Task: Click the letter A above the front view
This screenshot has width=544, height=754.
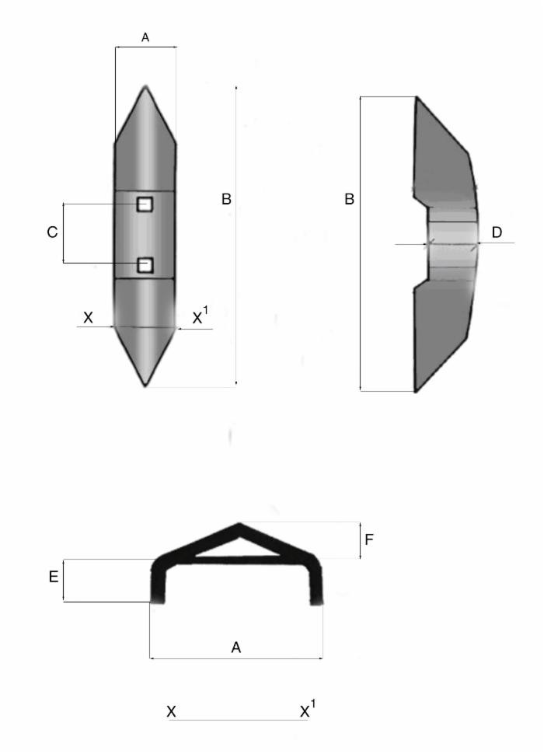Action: click(145, 37)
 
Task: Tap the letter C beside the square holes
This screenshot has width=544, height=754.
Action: click(52, 233)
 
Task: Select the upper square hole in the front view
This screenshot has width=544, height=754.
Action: click(145, 204)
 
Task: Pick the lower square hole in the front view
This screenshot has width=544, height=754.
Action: click(145, 266)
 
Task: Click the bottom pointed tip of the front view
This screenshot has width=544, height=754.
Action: click(145, 384)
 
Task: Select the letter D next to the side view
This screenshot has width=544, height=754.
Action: click(497, 232)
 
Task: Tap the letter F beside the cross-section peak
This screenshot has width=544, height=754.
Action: click(370, 539)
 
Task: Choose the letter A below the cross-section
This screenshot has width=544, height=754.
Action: click(235, 646)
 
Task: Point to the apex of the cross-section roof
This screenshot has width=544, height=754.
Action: click(239, 525)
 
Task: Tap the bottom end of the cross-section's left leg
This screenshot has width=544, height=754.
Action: click(157, 601)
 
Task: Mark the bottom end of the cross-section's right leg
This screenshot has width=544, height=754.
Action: click(316, 601)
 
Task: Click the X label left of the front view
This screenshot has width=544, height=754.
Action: click(88, 318)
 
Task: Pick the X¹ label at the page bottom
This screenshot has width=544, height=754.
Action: click(308, 710)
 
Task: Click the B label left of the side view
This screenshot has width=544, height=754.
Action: click(350, 200)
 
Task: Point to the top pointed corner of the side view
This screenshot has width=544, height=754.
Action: click(417, 98)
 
